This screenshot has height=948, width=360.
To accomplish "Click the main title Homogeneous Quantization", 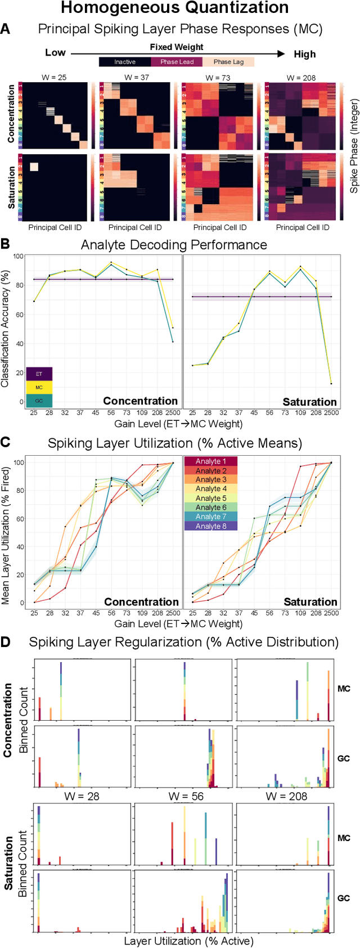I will pos(174,8).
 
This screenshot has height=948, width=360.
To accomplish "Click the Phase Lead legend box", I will pos(177,62).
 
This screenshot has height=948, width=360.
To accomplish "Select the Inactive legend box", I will pos(125,62).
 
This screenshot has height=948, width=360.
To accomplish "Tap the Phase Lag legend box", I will pos(228,62).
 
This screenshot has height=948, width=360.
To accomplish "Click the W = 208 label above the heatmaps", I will pos(301,78).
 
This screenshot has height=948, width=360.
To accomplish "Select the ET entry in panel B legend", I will pos(39,374).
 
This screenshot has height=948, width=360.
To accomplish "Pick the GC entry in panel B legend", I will pos(39,401).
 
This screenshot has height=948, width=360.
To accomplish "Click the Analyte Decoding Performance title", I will pos(174,245).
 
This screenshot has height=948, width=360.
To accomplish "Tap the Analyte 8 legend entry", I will pos(211,526).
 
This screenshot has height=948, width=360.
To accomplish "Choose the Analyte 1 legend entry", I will pos(211,461).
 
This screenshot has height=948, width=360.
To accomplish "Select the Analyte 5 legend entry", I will pos(211,498).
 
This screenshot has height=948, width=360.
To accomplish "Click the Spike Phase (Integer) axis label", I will pos(354,146).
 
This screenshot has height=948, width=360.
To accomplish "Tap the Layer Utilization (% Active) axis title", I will pos(188,941).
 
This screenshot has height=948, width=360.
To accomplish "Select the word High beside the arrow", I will pos(305,54).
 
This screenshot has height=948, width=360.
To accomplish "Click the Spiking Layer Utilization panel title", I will pos(174,443).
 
